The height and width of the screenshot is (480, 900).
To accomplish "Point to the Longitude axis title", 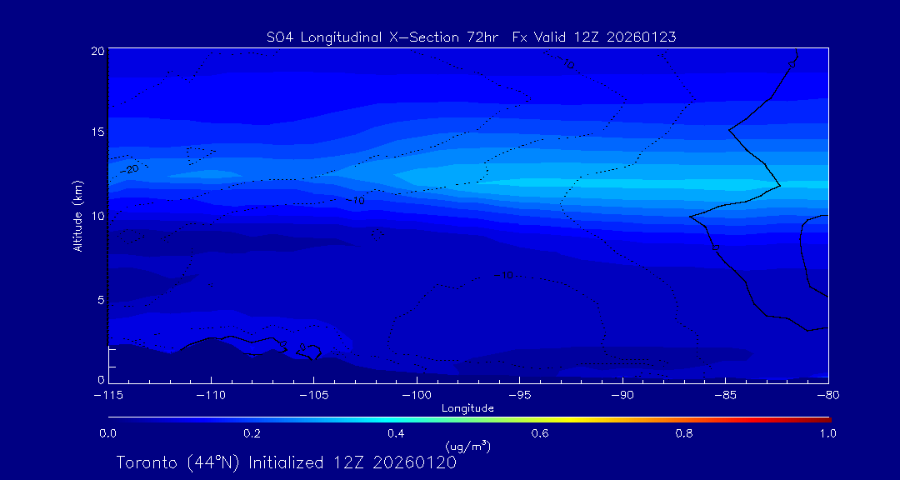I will (467, 408).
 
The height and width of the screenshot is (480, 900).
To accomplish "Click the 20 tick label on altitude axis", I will (97, 51).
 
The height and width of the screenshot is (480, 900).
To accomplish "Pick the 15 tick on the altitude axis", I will (97, 132).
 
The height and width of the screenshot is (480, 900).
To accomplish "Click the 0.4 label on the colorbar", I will (396, 433).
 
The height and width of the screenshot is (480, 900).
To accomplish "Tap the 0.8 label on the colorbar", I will (684, 433).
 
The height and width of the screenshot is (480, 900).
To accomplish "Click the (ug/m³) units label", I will (467, 447).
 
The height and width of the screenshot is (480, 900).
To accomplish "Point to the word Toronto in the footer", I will (146, 462).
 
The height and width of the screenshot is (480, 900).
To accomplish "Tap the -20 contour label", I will (130, 169).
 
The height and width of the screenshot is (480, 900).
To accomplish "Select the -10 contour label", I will (356, 201).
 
